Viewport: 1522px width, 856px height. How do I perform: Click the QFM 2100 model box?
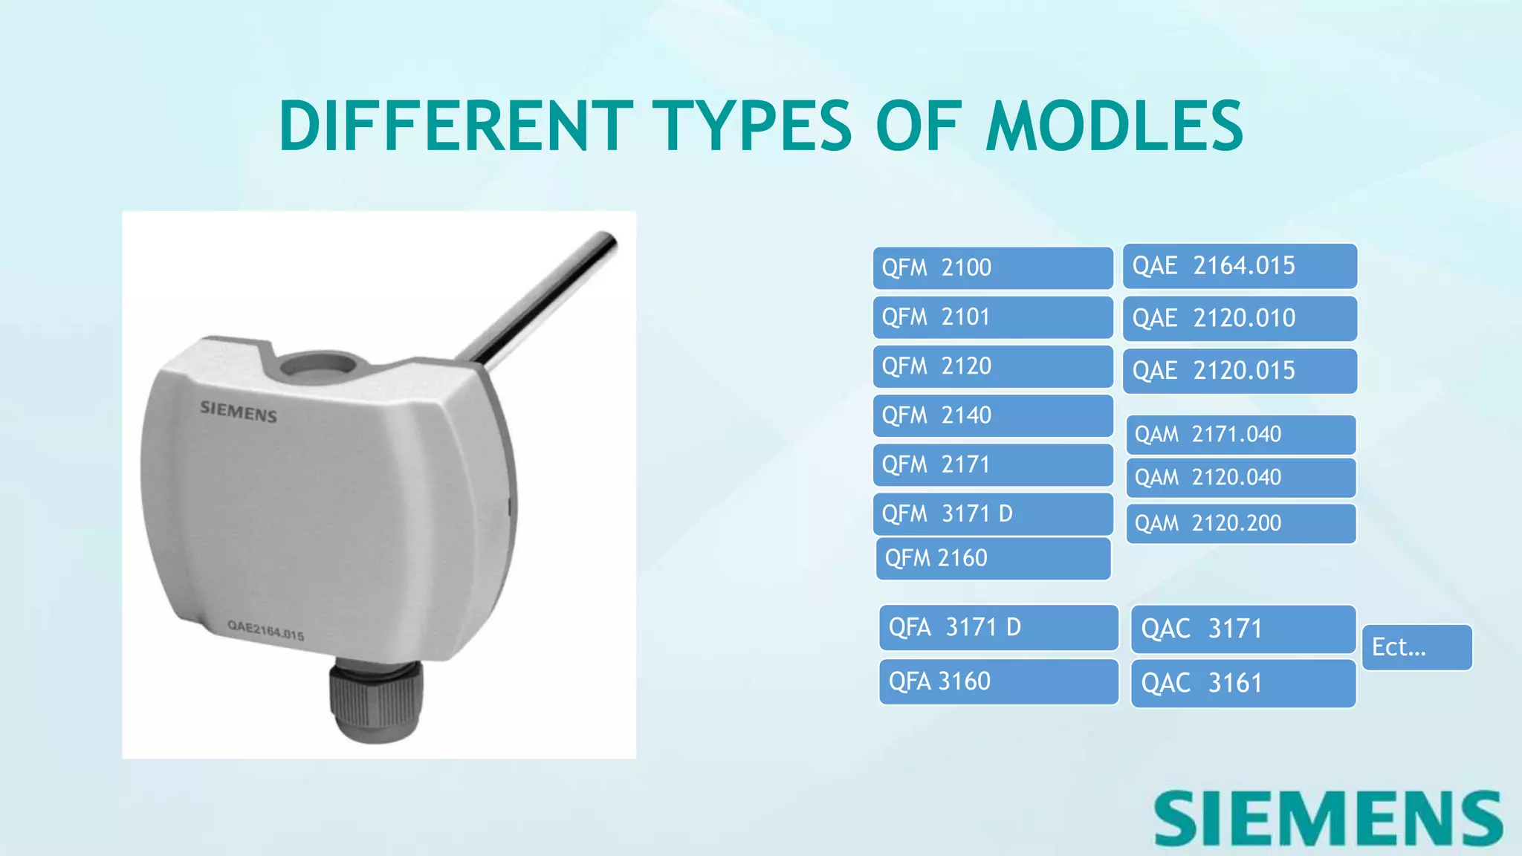point(992,267)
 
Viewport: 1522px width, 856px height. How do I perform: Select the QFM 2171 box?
point(992,465)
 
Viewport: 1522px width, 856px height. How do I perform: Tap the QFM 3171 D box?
point(992,514)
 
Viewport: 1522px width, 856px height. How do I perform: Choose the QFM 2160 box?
point(993,559)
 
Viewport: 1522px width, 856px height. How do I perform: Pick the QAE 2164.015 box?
point(1240,266)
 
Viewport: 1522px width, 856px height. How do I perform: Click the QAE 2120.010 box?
point(1240,319)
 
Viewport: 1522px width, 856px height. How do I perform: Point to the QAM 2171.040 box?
point(1240,435)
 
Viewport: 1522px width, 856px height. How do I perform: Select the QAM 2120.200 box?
point(1240,524)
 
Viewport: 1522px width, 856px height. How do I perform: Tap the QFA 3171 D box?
point(998,628)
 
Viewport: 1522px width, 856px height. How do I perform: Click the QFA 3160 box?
point(998,681)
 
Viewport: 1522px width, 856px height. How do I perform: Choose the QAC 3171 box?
point(1243,629)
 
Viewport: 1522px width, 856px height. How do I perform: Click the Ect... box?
point(1416,647)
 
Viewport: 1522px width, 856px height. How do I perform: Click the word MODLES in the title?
point(1114,126)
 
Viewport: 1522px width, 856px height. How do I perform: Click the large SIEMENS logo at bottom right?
point(1329,818)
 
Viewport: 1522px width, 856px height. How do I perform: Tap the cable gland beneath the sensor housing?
point(376,698)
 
